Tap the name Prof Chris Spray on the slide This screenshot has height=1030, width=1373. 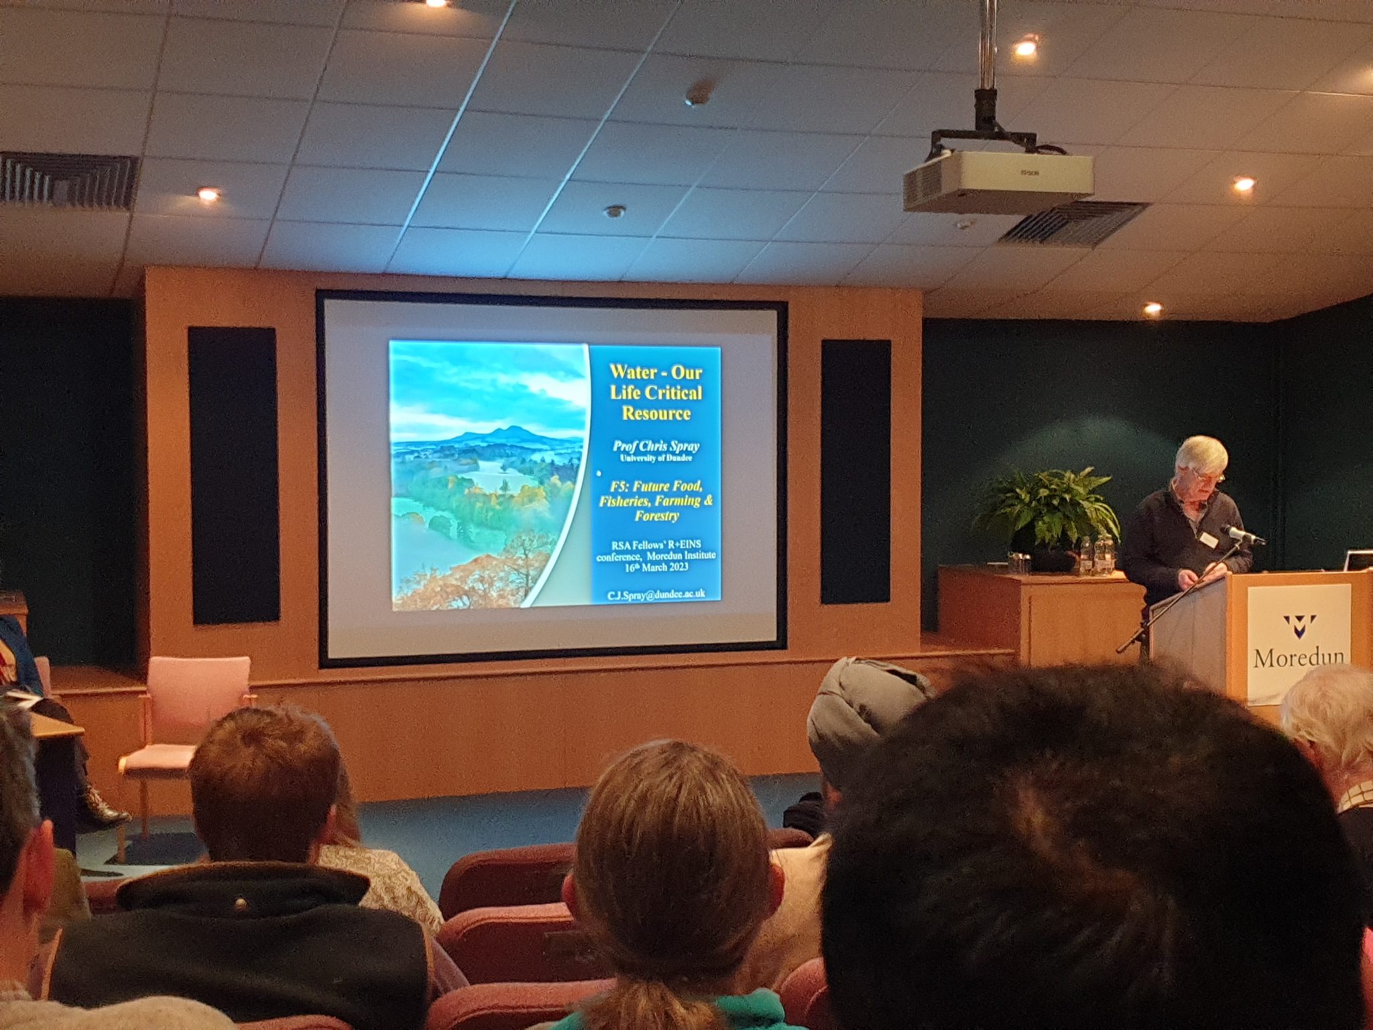pyautogui.click(x=656, y=446)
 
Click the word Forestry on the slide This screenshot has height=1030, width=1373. pyautogui.click(x=656, y=516)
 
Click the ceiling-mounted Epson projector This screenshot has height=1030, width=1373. pyautogui.click(x=998, y=179)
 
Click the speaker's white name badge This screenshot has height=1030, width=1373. pyautogui.click(x=1208, y=538)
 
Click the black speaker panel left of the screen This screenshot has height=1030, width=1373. pyautogui.click(x=233, y=475)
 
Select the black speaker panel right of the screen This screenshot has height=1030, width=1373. pyautogui.click(x=856, y=471)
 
